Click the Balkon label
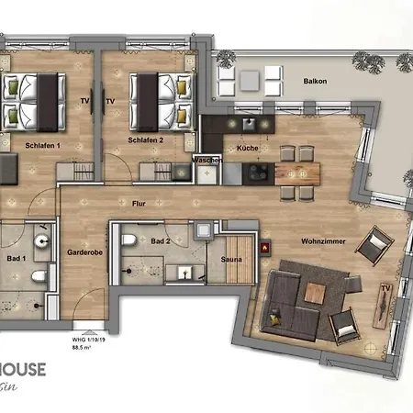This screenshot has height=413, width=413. click(x=317, y=82)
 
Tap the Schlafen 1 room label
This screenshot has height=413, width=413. click(x=42, y=145)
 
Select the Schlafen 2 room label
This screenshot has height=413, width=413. click(x=146, y=140)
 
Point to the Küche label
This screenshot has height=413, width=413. click(x=247, y=148)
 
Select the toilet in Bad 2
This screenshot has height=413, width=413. click(x=131, y=240)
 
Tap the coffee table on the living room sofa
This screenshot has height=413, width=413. click(x=315, y=292)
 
